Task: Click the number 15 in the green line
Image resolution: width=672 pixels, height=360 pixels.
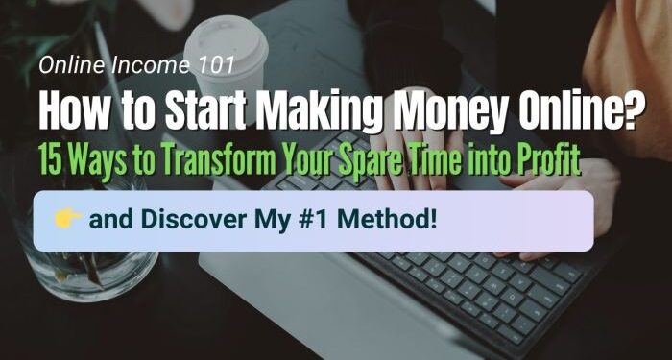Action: pyautogui.click(x=47, y=159)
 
